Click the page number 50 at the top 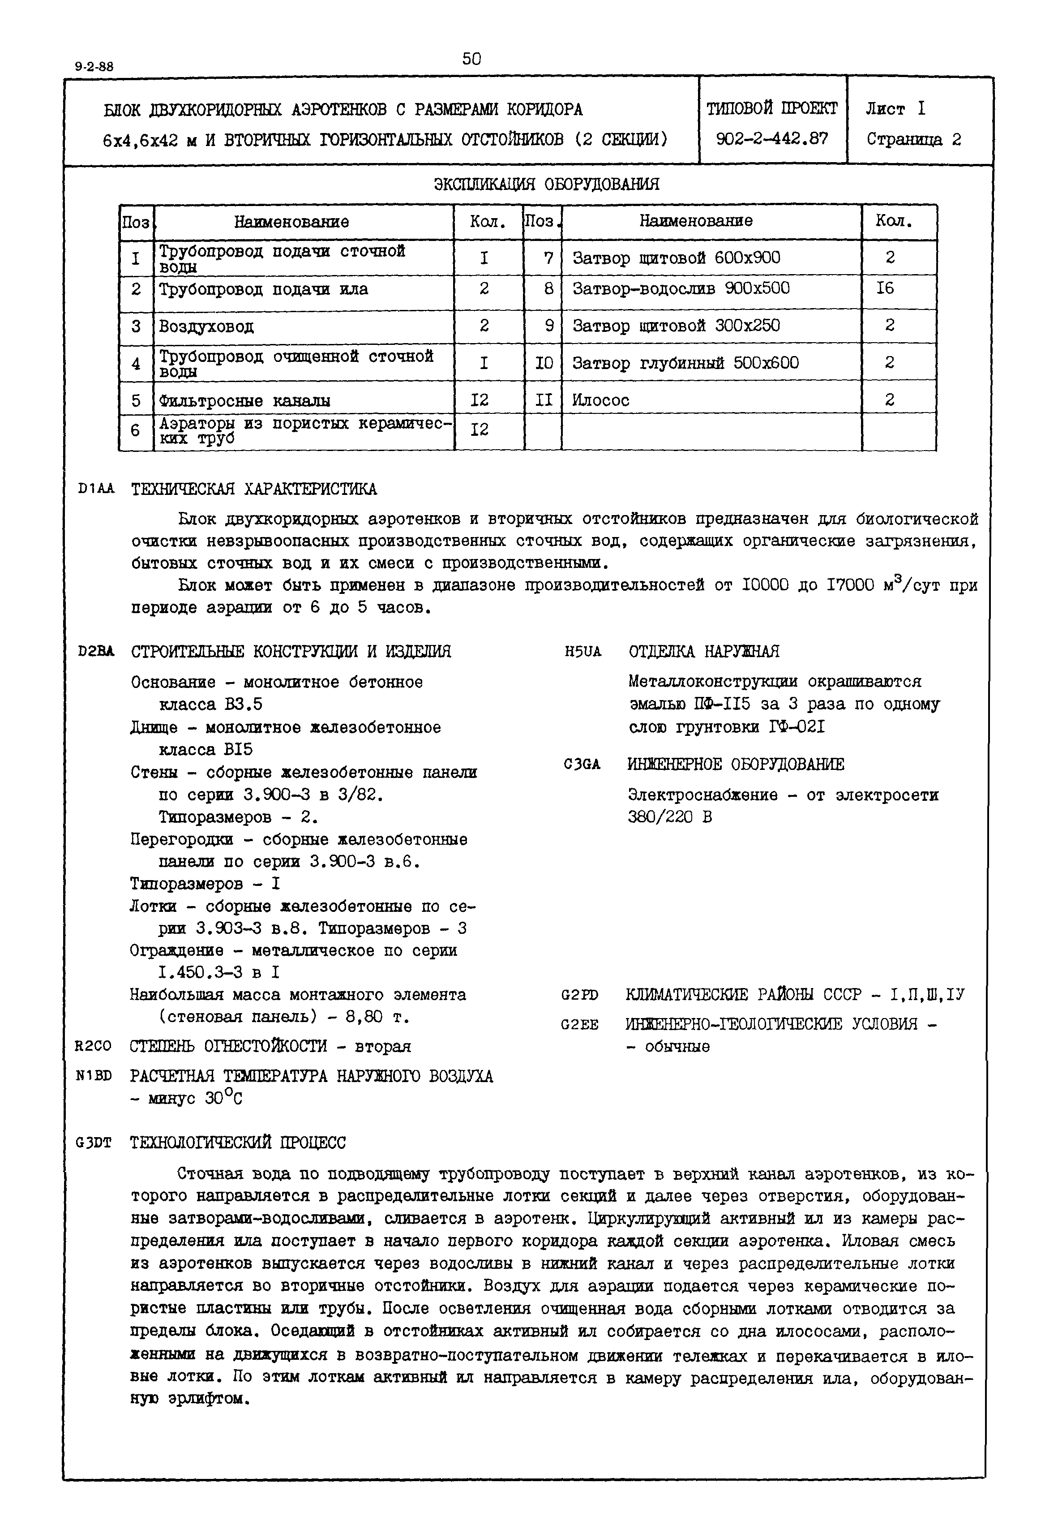point(471,59)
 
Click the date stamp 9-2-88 point(94,67)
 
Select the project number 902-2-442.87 point(772,138)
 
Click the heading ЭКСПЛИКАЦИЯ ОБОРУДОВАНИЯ point(546,184)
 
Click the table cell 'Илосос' point(601,400)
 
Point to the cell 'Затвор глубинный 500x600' point(685,363)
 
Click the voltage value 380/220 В point(669,817)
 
